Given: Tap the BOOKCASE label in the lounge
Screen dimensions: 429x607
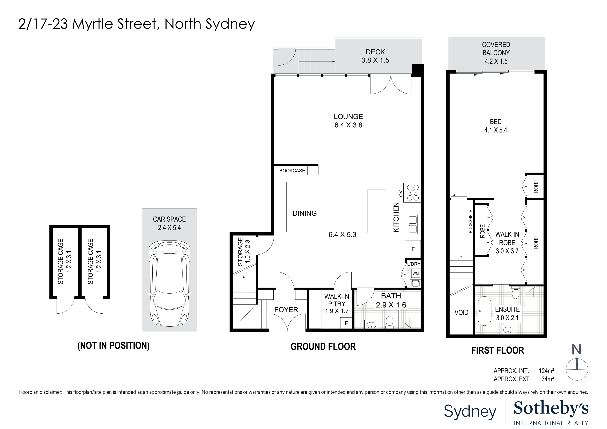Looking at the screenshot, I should pos(292,171).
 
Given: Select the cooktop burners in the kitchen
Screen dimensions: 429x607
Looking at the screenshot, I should pos(413,192).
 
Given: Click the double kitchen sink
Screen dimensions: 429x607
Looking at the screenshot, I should pos(412,224).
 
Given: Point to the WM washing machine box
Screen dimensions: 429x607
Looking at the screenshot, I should pos(415,273).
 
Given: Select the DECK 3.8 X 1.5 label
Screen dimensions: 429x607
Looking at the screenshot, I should pos(375,56).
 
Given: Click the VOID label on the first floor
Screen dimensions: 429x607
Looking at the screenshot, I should pos(461,313).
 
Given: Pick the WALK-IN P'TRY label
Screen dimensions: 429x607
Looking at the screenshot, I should pos(337,303).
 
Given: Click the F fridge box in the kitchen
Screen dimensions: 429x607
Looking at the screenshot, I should pos(413,249).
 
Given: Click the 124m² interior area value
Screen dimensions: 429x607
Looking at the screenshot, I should pos(546,371).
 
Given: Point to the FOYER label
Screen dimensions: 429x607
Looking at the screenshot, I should pos(286,310).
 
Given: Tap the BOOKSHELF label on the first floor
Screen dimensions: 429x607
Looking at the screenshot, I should pos(470,221).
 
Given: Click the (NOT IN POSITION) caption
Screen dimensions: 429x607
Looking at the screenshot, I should pos(113,346).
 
